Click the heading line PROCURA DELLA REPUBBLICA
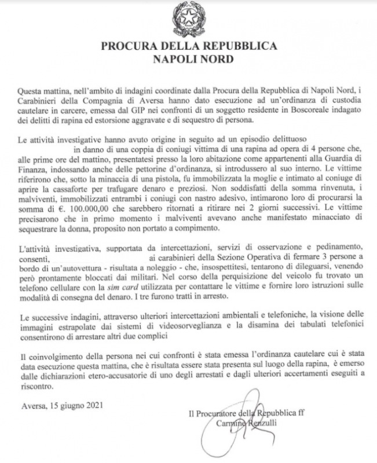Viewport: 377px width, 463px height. pos(188,46)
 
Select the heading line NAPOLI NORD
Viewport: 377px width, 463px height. pos(188,58)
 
